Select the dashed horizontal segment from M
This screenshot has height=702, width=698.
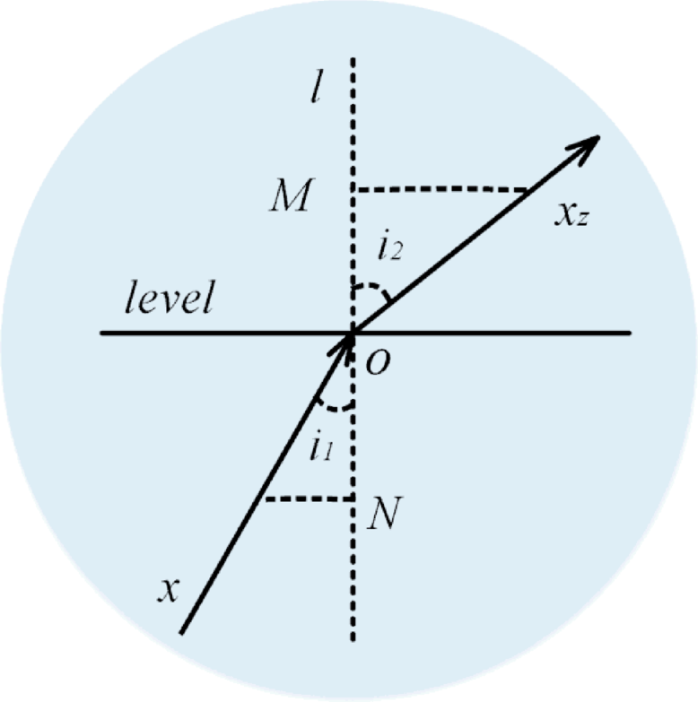point(440,190)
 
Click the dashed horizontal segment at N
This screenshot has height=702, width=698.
point(305,498)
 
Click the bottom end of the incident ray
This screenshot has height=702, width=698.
point(182,632)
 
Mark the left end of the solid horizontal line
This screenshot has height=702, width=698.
point(102,334)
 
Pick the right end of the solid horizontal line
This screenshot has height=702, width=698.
point(630,334)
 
